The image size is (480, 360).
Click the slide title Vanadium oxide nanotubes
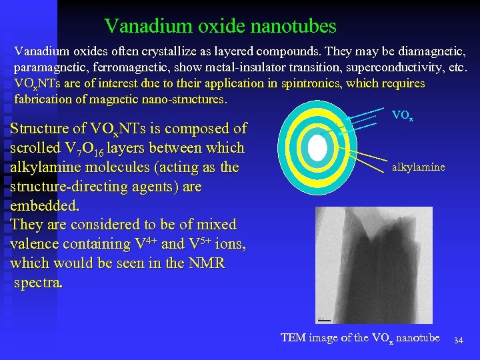click(x=220, y=26)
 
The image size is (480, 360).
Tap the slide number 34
click(x=458, y=341)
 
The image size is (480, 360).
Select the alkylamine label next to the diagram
click(x=418, y=167)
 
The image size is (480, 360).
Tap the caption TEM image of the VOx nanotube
click(x=360, y=338)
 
